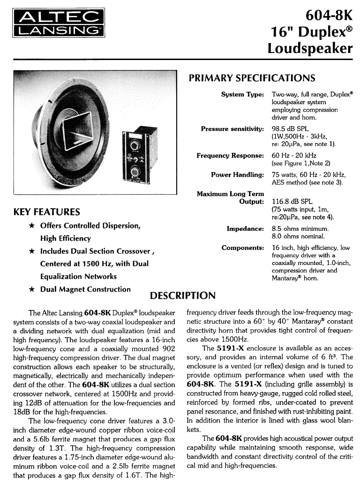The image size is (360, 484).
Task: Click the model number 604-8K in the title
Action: point(329,15)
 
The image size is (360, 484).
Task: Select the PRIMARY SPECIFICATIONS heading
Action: point(252,78)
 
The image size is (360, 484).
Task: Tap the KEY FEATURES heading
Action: point(47,212)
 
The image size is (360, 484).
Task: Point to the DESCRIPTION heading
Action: point(182,295)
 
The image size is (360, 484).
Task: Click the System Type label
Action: point(242,94)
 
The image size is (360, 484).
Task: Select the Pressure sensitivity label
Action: point(232,129)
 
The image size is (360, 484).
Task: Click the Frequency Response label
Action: point(230,155)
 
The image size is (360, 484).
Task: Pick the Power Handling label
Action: point(237,174)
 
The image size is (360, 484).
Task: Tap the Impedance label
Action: point(245,228)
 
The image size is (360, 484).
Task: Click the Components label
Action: point(243,247)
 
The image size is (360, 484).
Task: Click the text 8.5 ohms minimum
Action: point(300,228)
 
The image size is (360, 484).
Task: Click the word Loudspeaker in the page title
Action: point(310,48)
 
